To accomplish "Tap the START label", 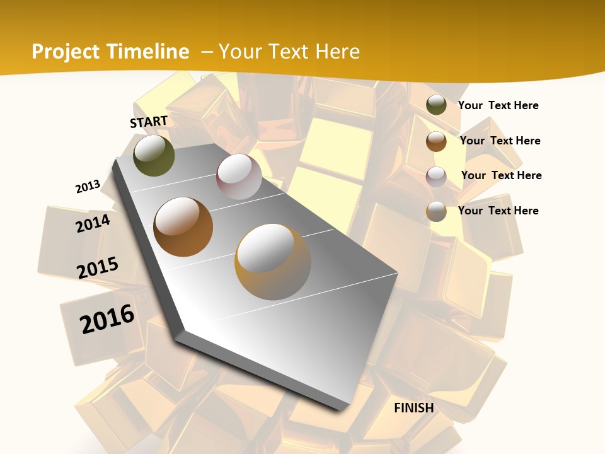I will tap(149, 122).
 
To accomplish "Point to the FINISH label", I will tap(414, 408).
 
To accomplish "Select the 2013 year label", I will tap(88, 187).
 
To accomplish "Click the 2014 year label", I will tap(93, 223).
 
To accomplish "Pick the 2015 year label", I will tap(98, 268).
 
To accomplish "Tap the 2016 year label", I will tap(107, 319).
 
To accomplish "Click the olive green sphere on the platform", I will tap(154, 155).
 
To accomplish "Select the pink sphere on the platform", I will tap(239, 177).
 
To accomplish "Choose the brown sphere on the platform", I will tap(183, 226).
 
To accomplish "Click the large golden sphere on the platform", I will tap(273, 262).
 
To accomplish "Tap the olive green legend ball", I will tap(436, 105).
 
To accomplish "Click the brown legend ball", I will tap(436, 141).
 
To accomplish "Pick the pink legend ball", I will tap(436, 176).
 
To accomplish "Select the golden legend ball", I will tap(436, 211).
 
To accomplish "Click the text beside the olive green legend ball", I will tap(498, 105).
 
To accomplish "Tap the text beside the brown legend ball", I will tap(500, 141).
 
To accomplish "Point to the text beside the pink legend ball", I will tap(501, 175).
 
